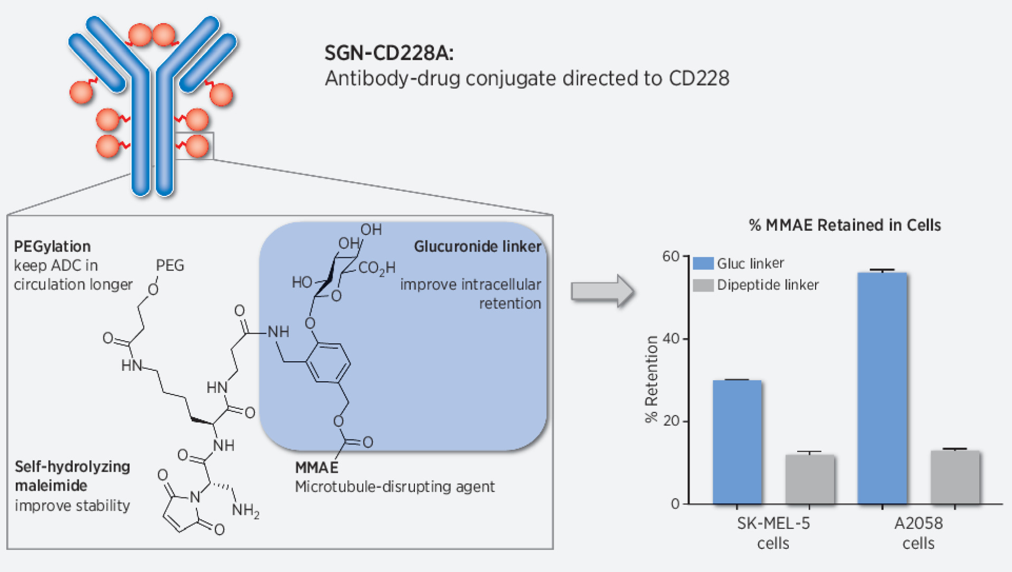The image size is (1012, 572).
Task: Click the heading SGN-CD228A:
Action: [x=389, y=53]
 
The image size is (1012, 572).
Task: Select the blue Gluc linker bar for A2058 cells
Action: [x=882, y=388]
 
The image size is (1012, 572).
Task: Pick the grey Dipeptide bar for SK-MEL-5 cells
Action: [x=809, y=479]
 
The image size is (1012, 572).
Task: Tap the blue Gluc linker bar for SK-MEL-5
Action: [x=737, y=442]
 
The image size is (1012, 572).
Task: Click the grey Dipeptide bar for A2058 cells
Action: [x=955, y=477]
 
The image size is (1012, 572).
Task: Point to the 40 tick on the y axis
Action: [x=671, y=339]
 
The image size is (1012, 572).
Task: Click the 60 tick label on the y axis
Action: [x=671, y=256]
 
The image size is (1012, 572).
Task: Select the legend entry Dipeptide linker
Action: [x=767, y=285]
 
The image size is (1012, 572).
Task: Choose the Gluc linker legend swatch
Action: [x=703, y=263]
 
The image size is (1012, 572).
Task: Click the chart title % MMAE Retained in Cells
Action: [x=845, y=226]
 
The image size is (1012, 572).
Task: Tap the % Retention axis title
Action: [x=652, y=379]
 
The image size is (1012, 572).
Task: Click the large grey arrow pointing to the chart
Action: [x=602, y=290]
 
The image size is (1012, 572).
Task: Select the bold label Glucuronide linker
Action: [x=477, y=247]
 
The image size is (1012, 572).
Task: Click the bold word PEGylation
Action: [x=52, y=247]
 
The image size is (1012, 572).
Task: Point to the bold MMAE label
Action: [x=316, y=467]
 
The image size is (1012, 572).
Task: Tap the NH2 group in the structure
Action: [x=245, y=510]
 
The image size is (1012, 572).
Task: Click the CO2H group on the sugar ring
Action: [x=376, y=268]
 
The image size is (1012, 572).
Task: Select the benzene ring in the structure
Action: [x=328, y=362]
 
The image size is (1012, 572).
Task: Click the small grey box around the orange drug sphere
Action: [x=194, y=146]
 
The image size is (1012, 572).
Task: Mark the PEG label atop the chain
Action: [x=169, y=265]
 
